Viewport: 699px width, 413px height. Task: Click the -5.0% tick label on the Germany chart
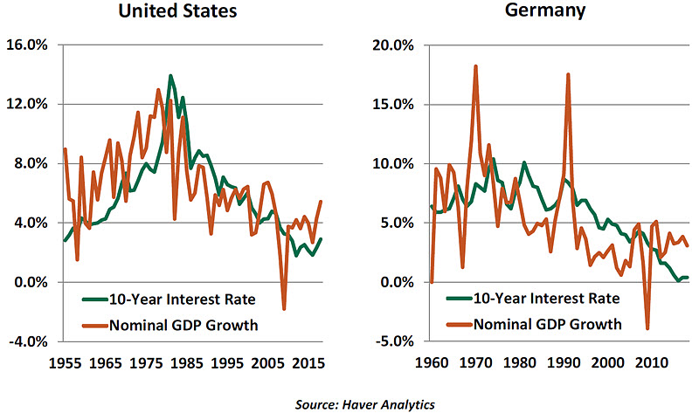397,341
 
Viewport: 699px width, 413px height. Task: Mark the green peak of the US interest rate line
170,76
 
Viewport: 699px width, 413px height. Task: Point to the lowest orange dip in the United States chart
283,308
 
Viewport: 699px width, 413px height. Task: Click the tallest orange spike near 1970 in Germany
475,66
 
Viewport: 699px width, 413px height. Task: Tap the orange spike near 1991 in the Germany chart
568,75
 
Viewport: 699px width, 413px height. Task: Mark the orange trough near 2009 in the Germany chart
647,328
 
